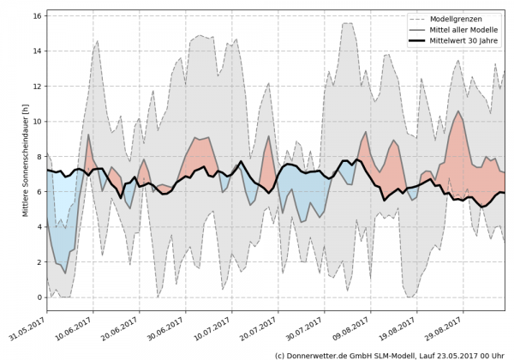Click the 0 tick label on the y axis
coord(40,297)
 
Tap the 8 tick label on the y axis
coord(40,157)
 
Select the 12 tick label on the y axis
coord(38,87)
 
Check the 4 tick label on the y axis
coord(40,227)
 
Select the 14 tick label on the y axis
coord(38,51)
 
